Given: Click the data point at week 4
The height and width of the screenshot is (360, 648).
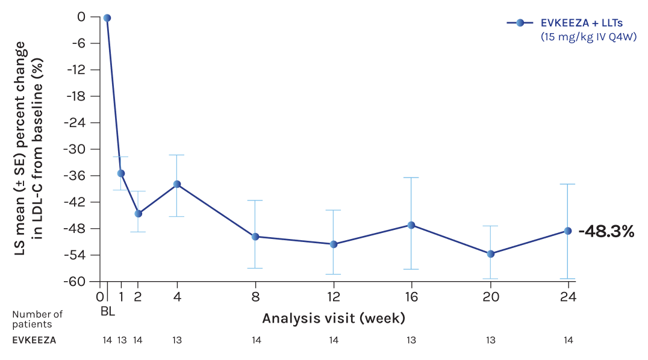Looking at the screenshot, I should pos(177,184).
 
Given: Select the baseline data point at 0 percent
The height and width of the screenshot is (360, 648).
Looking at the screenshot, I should pos(107,18).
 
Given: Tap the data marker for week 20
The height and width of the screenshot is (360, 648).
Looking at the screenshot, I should pos(491,254).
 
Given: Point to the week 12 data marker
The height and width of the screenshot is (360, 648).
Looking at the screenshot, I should pos(334,244).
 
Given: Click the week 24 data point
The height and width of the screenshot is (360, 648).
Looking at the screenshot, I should pos(567,231).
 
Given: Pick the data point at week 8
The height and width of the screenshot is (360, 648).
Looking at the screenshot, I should pos(255,237).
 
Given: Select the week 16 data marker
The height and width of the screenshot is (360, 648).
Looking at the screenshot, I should pos(411,225).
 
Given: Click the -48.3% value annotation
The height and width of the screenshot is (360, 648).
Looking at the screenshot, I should pos(606,232).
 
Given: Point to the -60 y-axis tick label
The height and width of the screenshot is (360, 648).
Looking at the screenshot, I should pos(78,282).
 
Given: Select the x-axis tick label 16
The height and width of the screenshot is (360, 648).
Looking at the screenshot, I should pos(411,297).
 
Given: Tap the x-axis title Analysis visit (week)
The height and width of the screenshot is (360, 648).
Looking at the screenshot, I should pos(333,317).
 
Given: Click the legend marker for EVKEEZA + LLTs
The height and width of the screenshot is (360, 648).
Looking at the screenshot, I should pos(520,23).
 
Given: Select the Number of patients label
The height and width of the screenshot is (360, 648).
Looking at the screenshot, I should pos(37,318).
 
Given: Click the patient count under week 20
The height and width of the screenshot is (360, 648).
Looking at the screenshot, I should pos(491,340).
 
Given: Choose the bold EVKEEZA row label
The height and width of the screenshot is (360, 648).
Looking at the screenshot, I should pos(34,340).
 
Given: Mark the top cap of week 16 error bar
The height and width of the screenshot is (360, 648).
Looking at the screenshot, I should pos(411,178).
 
